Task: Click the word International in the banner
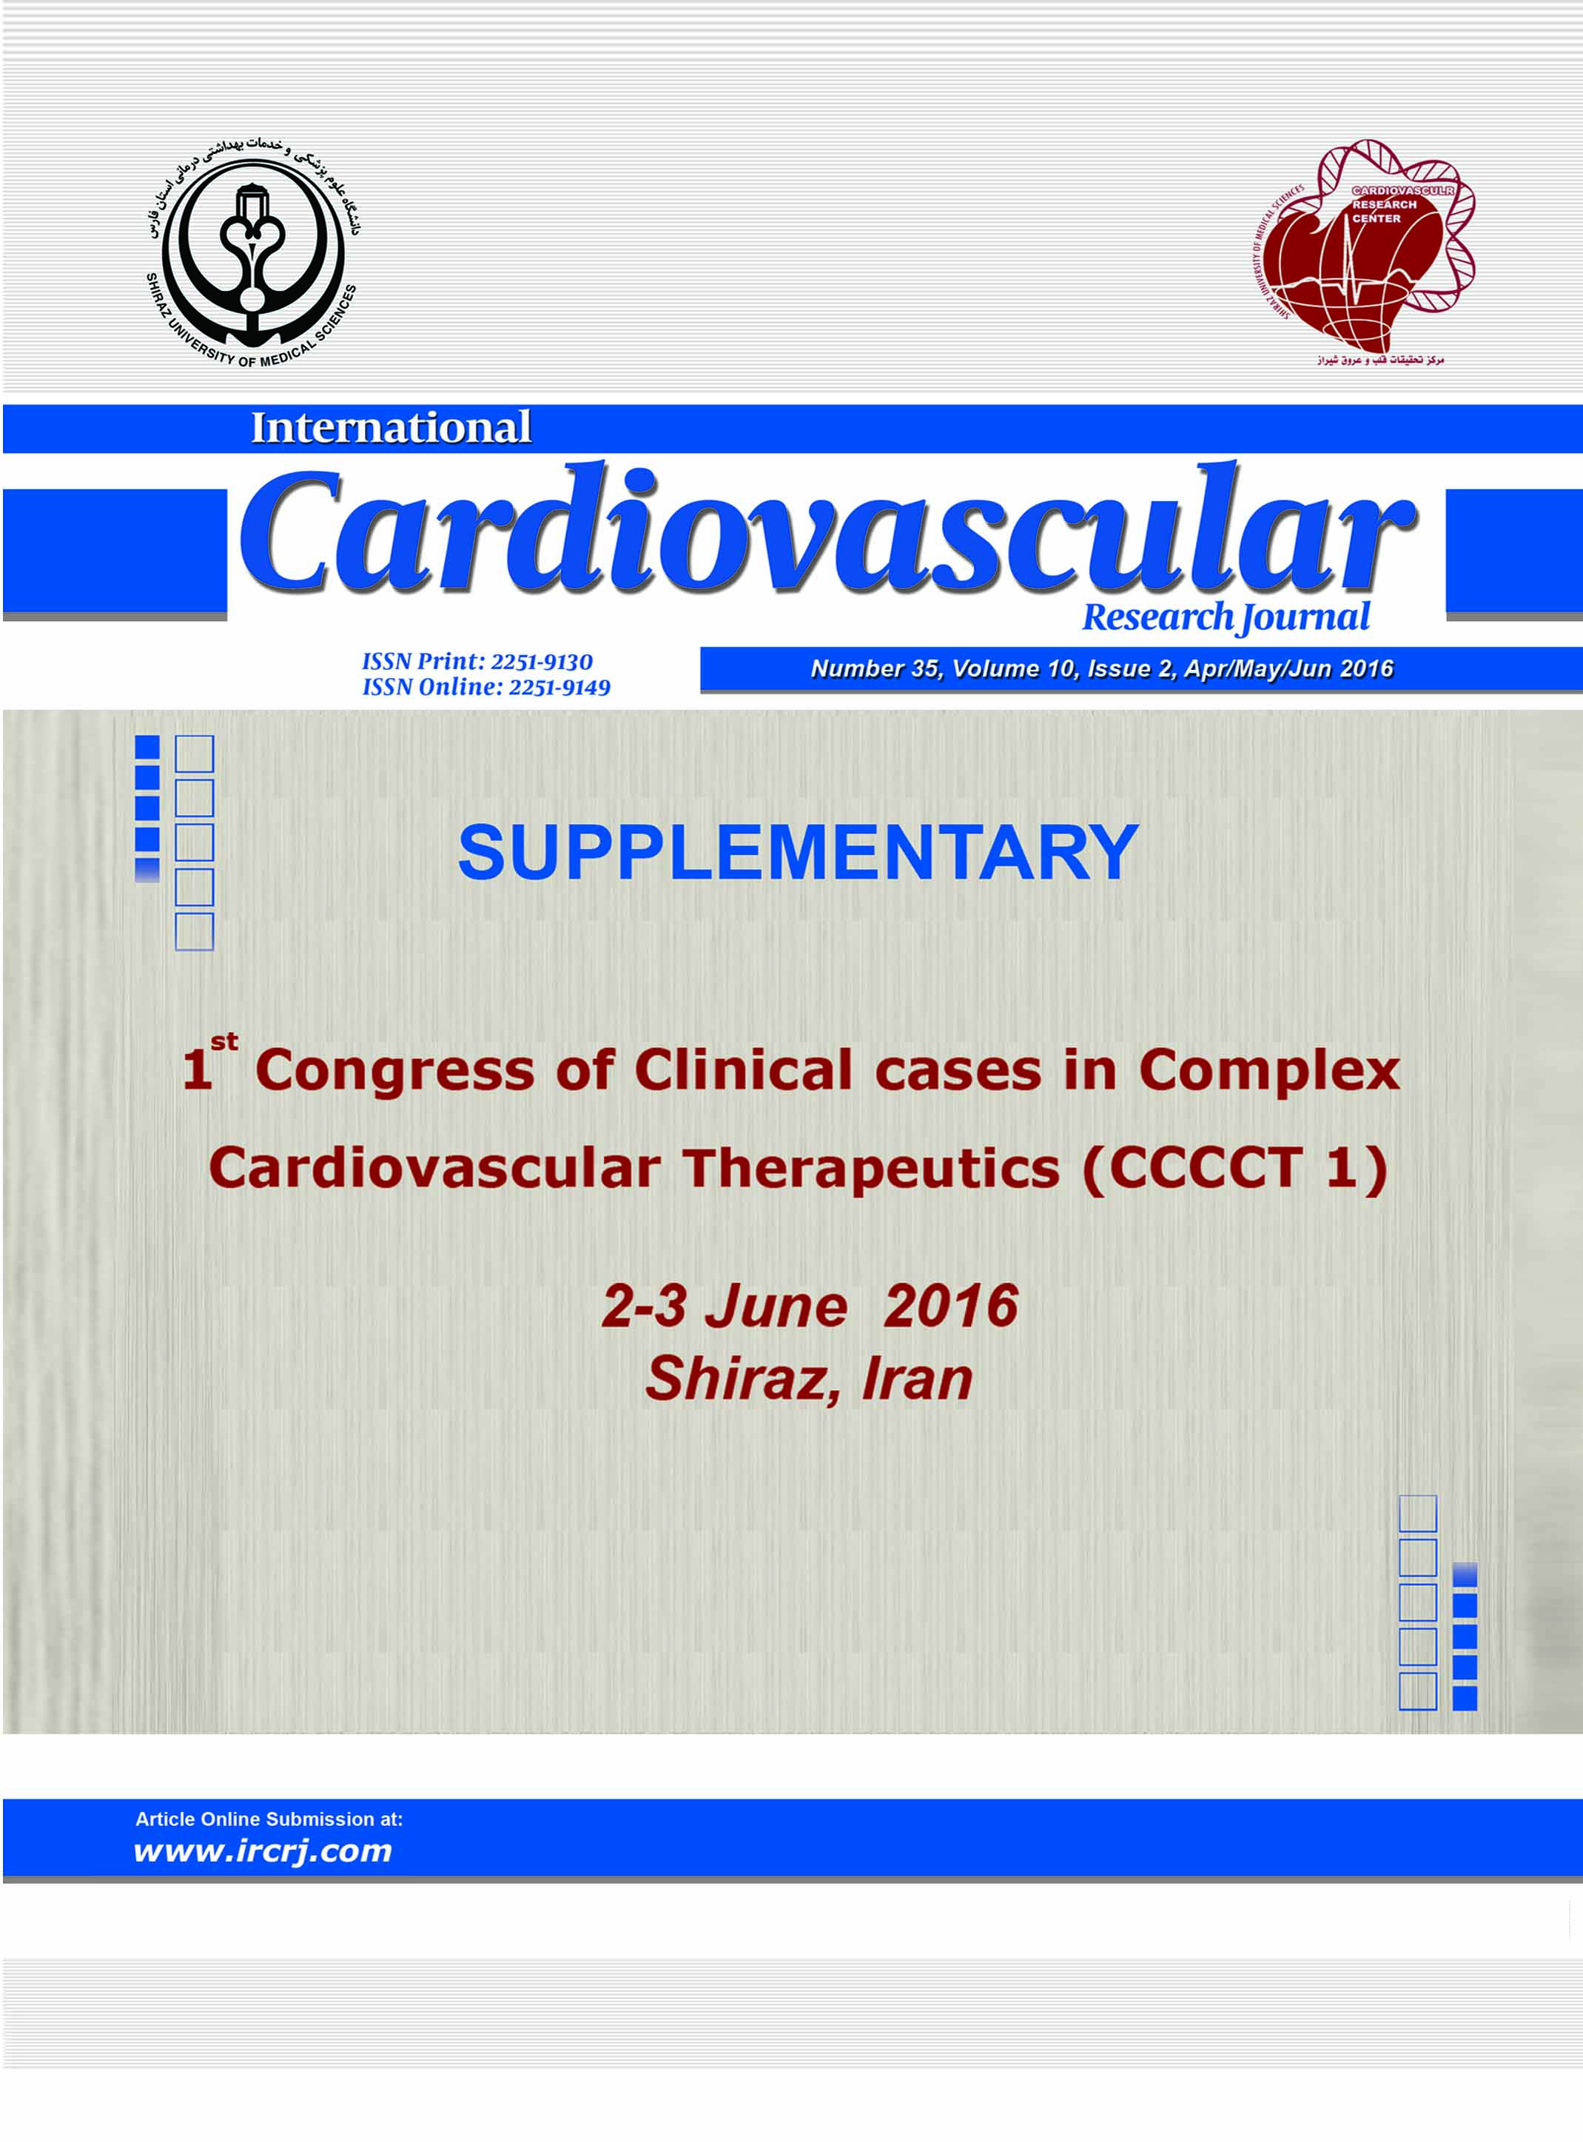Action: (391, 428)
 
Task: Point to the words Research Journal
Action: (1226, 617)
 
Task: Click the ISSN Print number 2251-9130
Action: (542, 661)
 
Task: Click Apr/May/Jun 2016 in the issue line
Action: (1288, 668)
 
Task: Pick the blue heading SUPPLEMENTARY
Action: (799, 852)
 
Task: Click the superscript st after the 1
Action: (225, 1042)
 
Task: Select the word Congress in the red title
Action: (394, 1070)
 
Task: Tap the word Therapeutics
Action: (871, 1169)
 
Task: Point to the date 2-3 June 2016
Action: (810, 1306)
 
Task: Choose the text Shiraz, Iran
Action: (810, 1379)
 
